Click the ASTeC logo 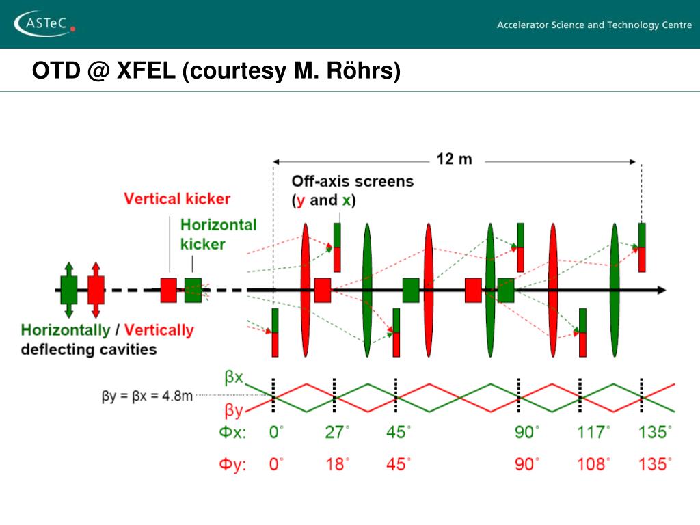coord(45,24)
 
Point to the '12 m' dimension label coord(454,160)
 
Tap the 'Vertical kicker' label coord(177,199)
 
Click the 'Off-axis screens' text coord(352,182)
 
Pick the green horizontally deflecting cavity coord(68,289)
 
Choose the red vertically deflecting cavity coord(96,289)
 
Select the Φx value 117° coord(592,433)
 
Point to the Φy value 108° coord(592,464)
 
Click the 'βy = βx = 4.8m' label coord(147,396)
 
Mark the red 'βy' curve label coord(233,412)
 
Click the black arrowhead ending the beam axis coord(661,290)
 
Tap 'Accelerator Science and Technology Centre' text coord(589,25)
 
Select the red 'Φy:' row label coord(232,465)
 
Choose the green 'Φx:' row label coord(232,433)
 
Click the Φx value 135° coord(655,433)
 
